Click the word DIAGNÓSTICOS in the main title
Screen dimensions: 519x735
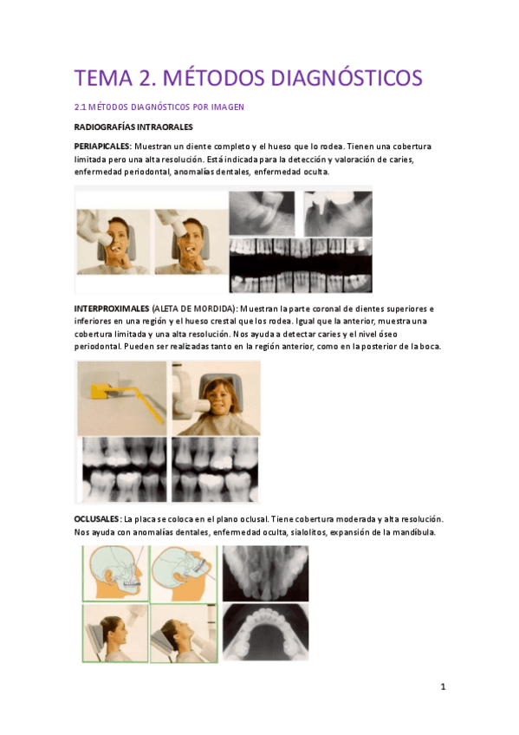coord(347,78)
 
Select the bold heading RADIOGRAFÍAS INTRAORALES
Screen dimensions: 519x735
coord(133,127)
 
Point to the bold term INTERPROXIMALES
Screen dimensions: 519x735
coord(112,309)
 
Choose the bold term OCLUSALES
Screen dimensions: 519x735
coord(97,519)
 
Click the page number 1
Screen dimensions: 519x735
coord(443,686)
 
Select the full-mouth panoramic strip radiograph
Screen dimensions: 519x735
coord(301,265)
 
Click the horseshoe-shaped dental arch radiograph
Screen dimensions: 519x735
coord(266,632)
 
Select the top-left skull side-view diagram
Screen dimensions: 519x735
coord(116,573)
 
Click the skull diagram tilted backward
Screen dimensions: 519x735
coord(184,573)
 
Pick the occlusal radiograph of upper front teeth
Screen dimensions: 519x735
coord(266,573)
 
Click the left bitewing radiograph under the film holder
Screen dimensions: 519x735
coord(124,470)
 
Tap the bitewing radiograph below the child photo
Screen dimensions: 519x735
coord(215,470)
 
